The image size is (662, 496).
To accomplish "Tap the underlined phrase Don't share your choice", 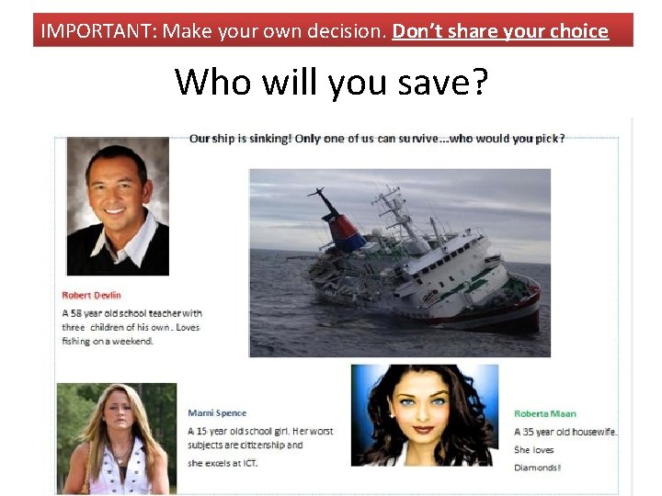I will click(500, 31).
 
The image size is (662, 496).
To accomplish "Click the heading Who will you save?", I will click(332, 82).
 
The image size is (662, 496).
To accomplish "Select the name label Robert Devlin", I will click(91, 295).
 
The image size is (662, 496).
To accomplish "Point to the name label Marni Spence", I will click(217, 413).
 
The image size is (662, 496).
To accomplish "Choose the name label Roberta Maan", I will click(545, 414).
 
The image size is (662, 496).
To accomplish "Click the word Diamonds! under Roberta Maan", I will click(537, 467).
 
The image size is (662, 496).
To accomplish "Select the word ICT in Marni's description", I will click(248, 463).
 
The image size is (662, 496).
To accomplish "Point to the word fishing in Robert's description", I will click(78, 341).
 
